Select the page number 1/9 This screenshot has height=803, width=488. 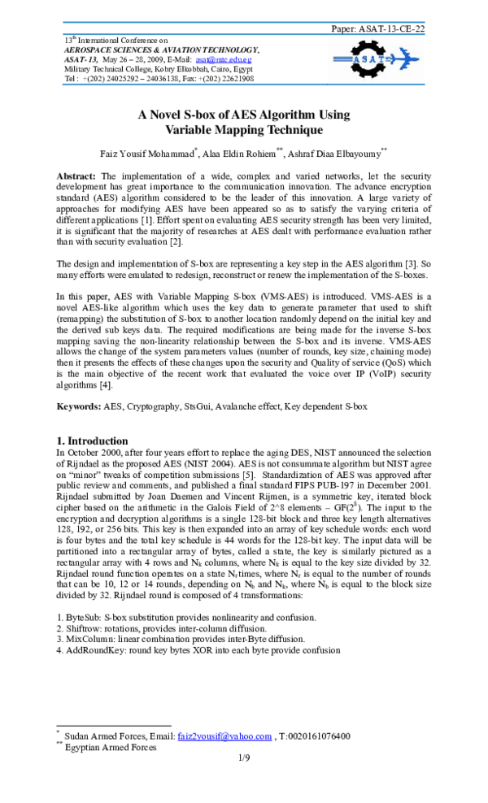coord(244,758)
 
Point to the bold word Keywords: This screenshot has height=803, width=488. coord(78,406)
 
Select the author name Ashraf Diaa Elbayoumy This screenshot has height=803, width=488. coord(335,153)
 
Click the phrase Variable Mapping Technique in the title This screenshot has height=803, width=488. coord(244,130)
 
